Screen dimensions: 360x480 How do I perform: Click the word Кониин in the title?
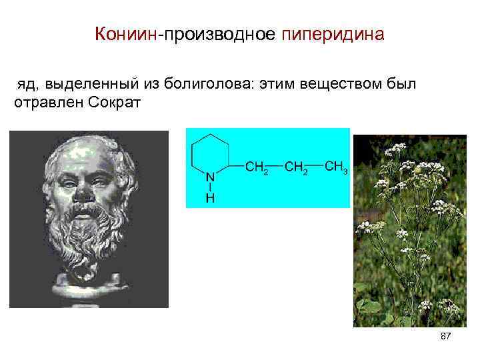tap(124, 34)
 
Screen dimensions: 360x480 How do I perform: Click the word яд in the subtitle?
tap(26, 85)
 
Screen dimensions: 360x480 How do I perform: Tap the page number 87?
tap(446, 338)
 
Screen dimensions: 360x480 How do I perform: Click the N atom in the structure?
tap(209, 178)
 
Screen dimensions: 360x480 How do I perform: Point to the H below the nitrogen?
tap(209, 198)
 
